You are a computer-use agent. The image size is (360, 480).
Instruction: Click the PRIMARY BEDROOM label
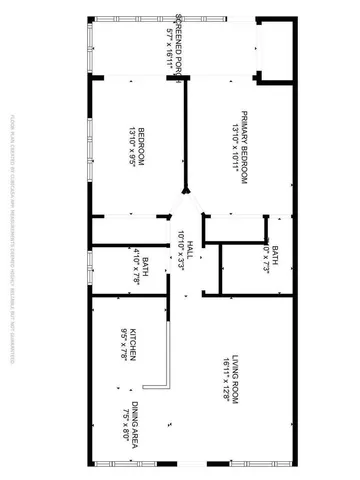click(243, 144)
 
